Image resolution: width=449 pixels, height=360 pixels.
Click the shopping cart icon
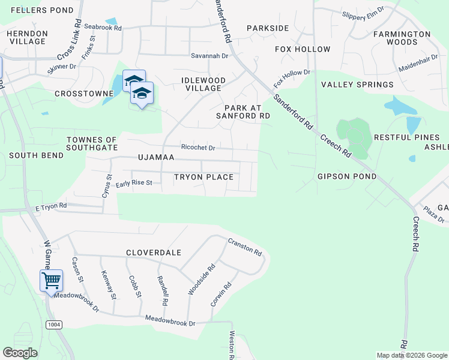coord(51,280)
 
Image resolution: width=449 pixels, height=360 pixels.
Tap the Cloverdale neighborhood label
coord(154,253)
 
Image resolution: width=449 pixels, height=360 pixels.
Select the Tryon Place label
coord(203,177)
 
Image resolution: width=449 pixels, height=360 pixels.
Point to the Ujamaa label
coord(155,157)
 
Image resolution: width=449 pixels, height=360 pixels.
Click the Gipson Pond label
coord(347,176)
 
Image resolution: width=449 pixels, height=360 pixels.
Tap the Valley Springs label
coord(357,85)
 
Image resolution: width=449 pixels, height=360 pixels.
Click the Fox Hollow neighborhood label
coord(303,49)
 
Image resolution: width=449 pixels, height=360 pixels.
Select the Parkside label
coord(268,28)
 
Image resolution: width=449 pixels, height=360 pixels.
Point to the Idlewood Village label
coord(203,84)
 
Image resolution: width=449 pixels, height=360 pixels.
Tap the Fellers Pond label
coord(42,10)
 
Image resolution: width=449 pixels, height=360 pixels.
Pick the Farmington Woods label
coord(402,38)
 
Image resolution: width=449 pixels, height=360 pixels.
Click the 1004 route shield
coord(53,325)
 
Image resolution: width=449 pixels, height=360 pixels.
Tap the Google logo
coord(20,353)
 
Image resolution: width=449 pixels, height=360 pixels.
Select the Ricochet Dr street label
coord(198,147)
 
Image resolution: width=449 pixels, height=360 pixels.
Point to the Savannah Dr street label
coord(209,56)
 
